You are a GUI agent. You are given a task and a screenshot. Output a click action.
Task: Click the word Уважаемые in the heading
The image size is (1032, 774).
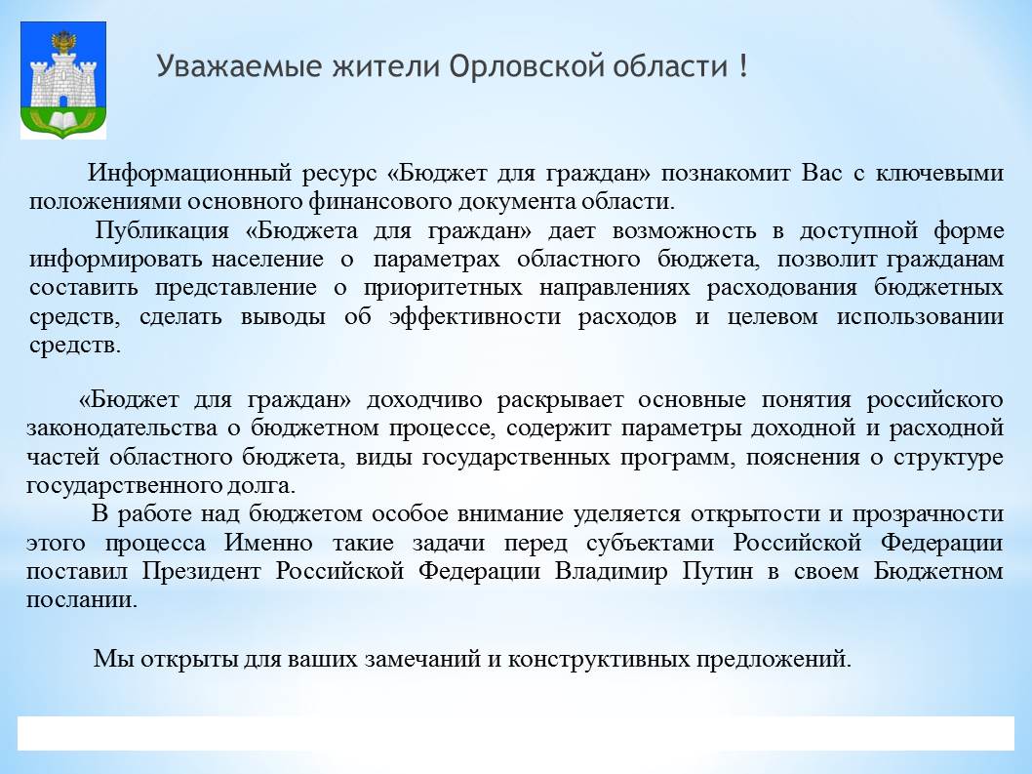(239, 67)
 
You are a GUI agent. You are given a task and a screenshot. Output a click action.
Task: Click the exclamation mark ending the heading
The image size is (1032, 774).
(743, 65)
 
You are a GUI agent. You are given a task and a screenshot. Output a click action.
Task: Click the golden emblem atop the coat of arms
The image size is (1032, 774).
(63, 42)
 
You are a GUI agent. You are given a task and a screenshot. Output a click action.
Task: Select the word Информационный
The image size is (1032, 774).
(189, 173)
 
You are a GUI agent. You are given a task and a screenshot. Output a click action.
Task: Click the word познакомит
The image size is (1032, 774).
(726, 173)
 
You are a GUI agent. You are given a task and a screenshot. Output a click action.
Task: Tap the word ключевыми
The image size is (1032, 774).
(940, 173)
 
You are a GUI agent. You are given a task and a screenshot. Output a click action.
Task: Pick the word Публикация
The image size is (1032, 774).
(162, 230)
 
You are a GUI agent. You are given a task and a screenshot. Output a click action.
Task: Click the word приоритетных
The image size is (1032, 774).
(443, 288)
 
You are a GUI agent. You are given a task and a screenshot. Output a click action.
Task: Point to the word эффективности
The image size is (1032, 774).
(474, 316)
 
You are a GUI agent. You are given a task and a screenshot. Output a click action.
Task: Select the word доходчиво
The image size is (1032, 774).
(424, 400)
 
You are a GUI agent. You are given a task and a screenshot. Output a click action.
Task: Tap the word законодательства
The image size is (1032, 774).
(122, 428)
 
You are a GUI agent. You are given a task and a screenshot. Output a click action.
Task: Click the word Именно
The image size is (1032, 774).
(268, 543)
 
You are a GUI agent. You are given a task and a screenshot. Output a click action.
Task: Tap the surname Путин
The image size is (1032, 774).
(717, 571)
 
